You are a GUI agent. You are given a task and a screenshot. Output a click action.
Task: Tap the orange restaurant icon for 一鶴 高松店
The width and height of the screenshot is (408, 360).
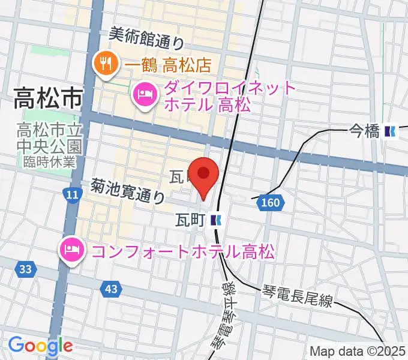[106, 63]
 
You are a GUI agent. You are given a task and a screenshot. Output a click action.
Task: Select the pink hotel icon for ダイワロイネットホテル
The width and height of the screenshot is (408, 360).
[145, 94]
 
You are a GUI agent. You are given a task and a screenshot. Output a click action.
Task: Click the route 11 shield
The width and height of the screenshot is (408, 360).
[72, 194]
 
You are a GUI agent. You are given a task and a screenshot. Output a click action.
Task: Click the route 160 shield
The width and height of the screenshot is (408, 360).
[271, 204]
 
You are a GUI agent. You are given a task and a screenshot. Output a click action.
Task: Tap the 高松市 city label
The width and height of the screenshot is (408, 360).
[48, 98]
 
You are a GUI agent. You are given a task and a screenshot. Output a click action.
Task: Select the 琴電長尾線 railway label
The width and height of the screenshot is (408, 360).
[297, 296]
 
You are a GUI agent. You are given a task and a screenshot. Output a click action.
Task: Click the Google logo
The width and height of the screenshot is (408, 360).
[40, 346]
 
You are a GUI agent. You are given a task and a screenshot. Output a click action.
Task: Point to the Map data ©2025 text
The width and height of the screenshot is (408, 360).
[358, 351]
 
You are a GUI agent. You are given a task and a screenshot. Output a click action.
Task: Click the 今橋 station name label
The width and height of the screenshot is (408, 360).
[365, 131]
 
